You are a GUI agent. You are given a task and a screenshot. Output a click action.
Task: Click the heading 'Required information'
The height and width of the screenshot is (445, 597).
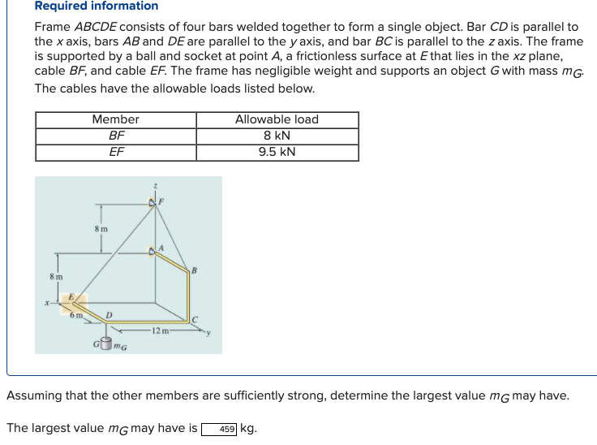pyautogui.click(x=97, y=6)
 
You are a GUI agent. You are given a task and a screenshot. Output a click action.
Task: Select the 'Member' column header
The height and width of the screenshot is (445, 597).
pyautogui.click(x=115, y=119)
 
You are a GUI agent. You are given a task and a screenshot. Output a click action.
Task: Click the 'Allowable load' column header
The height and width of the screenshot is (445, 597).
pyautogui.click(x=277, y=119)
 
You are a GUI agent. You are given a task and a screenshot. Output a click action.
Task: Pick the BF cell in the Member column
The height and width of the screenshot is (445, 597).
pyautogui.click(x=115, y=136)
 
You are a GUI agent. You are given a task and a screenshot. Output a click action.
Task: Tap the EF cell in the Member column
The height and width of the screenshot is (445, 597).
pyautogui.click(x=115, y=152)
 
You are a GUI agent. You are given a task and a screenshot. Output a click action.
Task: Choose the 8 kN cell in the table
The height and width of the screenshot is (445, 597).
pyautogui.click(x=277, y=136)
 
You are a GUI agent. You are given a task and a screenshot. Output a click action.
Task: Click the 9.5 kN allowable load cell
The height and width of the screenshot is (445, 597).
pyautogui.click(x=277, y=152)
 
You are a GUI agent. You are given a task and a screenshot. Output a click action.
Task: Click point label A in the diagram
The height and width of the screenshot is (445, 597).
pyautogui.click(x=161, y=248)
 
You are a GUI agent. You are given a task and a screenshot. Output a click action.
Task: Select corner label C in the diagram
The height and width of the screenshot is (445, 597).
pyautogui.click(x=194, y=319)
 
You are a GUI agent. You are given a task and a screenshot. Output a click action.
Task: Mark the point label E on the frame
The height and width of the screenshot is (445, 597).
pyautogui.click(x=71, y=297)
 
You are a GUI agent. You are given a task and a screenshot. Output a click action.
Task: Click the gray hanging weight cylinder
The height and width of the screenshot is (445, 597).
pyautogui.click(x=105, y=345)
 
